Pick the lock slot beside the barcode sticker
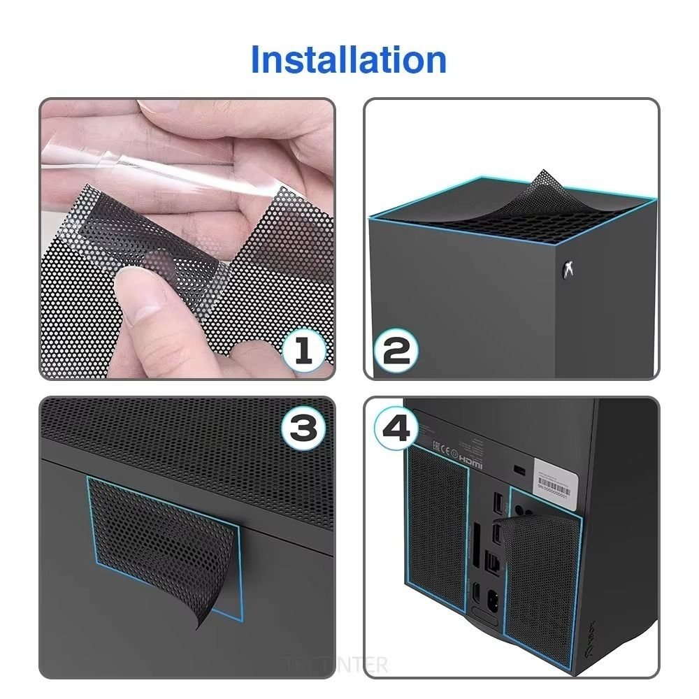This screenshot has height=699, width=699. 519,469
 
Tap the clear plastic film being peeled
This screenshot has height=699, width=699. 126,161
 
